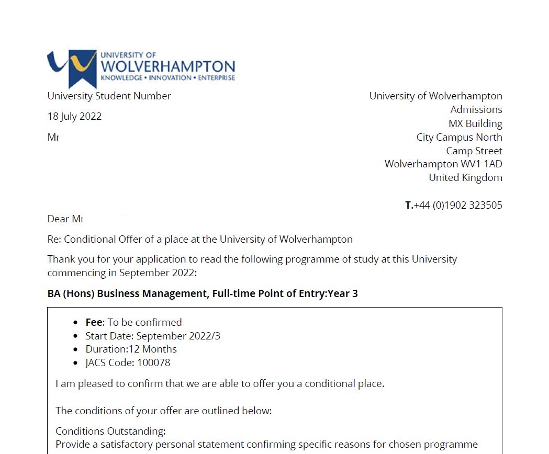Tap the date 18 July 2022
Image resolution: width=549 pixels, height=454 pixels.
pyautogui.click(x=74, y=117)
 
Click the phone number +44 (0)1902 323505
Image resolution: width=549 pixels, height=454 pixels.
pyautogui.click(x=458, y=205)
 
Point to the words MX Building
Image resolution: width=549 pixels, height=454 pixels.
pyautogui.click(x=475, y=124)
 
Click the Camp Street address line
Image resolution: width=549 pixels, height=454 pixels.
pyautogui.click(x=474, y=151)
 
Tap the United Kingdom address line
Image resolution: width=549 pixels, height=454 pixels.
pyautogui.click(x=465, y=177)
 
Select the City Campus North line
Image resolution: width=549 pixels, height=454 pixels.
pyautogui.click(x=459, y=137)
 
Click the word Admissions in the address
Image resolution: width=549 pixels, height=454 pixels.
pyautogui.click(x=476, y=110)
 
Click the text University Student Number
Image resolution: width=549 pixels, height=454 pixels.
pyautogui.click(x=109, y=96)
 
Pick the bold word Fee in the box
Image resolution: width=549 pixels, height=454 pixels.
pyautogui.click(x=95, y=322)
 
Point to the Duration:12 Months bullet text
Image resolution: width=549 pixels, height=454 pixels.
pyautogui.click(x=131, y=349)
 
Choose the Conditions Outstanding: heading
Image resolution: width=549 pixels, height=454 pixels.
pyautogui.click(x=110, y=431)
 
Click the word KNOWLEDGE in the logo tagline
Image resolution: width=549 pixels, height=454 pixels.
pyautogui.click(x=121, y=78)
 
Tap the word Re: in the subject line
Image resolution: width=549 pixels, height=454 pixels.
pyautogui.click(x=54, y=240)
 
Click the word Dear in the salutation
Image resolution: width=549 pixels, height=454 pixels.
pyautogui.click(x=58, y=219)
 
